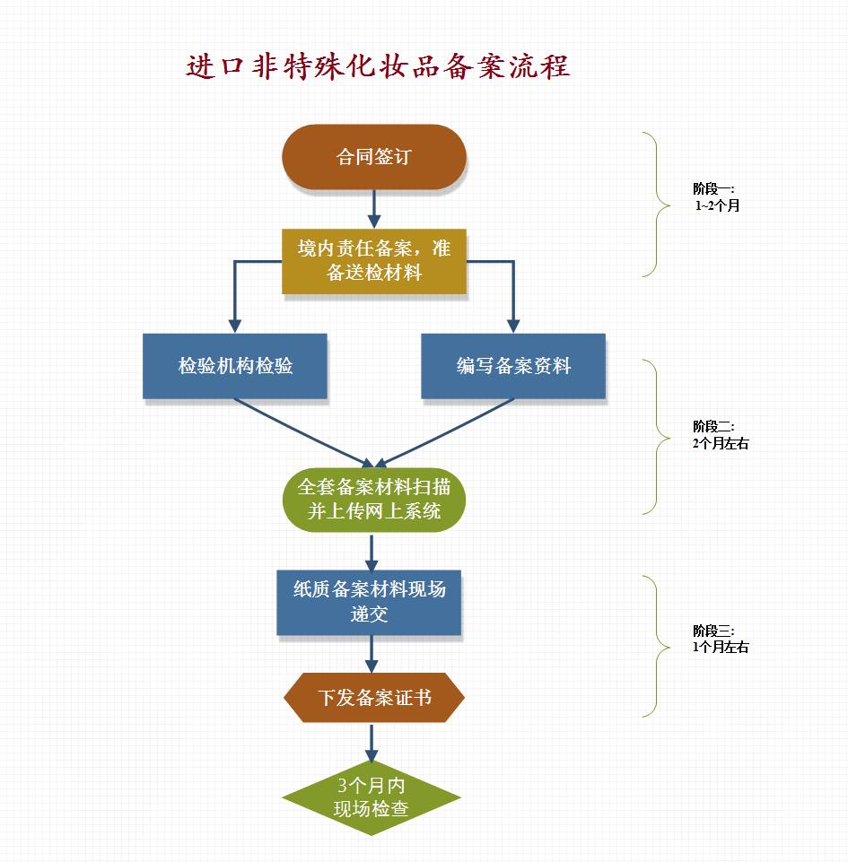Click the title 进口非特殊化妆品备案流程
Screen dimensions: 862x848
tap(378, 67)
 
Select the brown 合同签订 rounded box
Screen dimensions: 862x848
tap(374, 157)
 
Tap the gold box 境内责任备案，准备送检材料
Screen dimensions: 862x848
tap(374, 260)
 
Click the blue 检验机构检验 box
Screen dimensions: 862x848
tap(235, 366)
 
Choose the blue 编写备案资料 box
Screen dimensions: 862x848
tap(513, 366)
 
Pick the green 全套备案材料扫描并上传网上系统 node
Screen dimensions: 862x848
tap(374, 499)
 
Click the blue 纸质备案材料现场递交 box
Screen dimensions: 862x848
tap(370, 602)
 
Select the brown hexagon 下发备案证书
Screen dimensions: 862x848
tap(374, 697)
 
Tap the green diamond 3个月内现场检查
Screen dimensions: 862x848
tap(372, 797)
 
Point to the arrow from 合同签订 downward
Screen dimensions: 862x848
tap(375, 209)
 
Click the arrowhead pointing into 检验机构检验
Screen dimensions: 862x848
tap(235, 325)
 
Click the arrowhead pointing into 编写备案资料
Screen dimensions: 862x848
tap(513, 325)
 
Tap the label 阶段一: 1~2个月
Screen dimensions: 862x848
tap(714, 197)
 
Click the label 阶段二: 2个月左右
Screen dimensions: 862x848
tap(719, 435)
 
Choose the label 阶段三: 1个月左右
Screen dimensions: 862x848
tap(719, 639)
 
